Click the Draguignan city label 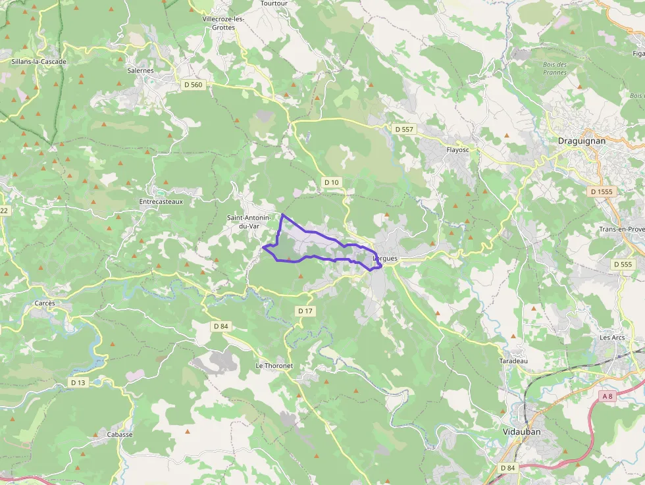pyautogui.click(x=581, y=140)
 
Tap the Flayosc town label pyautogui.click(x=457, y=149)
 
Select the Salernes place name pyautogui.click(x=140, y=70)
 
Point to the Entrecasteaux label pyautogui.click(x=161, y=201)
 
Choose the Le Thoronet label pyautogui.click(x=274, y=365)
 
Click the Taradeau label pyautogui.click(x=513, y=361)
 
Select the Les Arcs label pyautogui.click(x=611, y=338)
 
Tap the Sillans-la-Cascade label pyautogui.click(x=39, y=61)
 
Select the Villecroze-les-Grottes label pyautogui.click(x=223, y=23)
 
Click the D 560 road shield pyautogui.click(x=193, y=85)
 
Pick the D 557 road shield pyautogui.click(x=403, y=129)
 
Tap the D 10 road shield pyautogui.click(x=331, y=182)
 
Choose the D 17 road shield pyautogui.click(x=304, y=311)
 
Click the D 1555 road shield pyautogui.click(x=602, y=191)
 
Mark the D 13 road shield pyautogui.click(x=78, y=382)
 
